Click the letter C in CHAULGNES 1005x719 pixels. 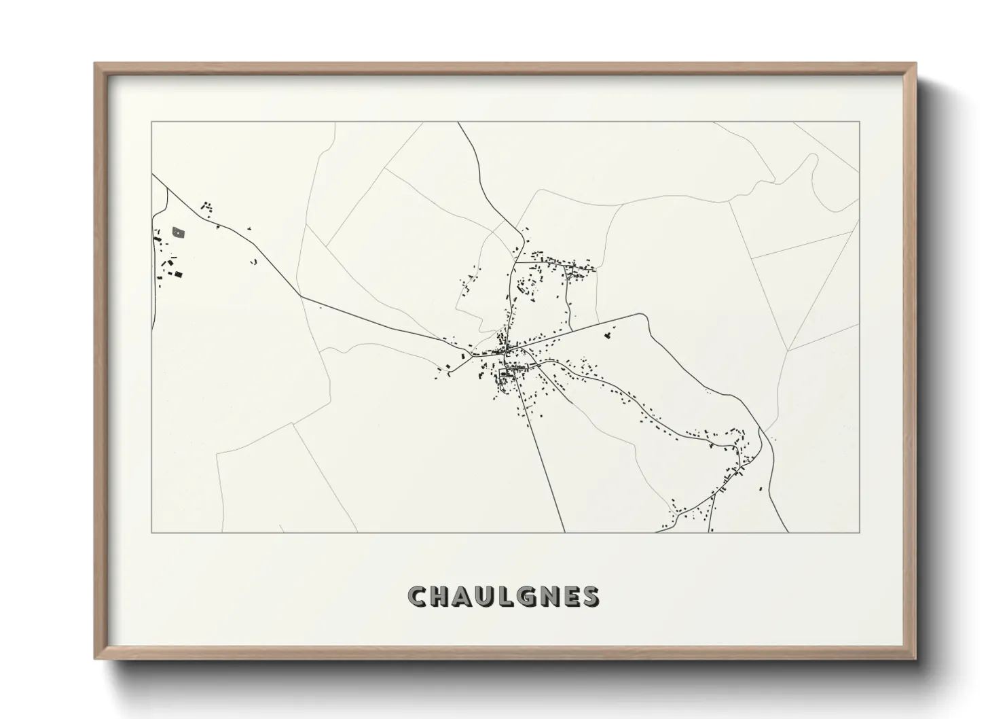(x=418, y=597)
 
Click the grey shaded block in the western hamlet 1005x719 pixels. (x=179, y=232)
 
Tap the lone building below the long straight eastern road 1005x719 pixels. (x=608, y=334)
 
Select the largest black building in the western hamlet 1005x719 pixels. (x=179, y=274)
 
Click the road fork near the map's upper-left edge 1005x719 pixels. (x=167, y=188)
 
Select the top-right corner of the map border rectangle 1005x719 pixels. (x=860, y=122)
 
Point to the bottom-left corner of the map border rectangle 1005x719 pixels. (x=151, y=532)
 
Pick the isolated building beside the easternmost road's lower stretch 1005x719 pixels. (x=761, y=487)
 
